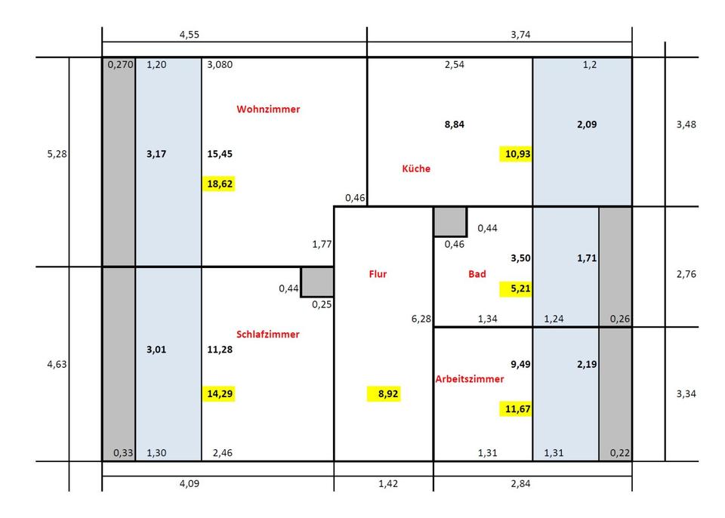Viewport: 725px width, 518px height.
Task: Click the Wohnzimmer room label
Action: pos(268,109)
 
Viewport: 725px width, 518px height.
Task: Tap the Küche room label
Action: pos(416,168)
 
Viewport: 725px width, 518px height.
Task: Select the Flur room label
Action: pos(378,274)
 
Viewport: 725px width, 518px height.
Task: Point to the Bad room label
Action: pos(477,274)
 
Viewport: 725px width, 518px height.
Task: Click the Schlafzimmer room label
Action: pos(268,334)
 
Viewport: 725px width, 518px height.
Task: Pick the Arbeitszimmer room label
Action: pos(469,379)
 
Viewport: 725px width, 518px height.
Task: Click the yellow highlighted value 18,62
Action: pos(219,183)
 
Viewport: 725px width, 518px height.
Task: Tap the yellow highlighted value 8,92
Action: pos(384,393)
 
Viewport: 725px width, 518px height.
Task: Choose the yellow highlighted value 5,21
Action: pos(516,288)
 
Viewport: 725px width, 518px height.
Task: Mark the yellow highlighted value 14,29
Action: pos(219,393)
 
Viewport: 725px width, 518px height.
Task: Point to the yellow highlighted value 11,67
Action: pos(516,409)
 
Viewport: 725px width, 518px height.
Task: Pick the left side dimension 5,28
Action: pos(57,153)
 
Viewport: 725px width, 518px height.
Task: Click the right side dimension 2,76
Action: pos(686,274)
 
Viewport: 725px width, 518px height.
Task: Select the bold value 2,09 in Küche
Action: pos(586,124)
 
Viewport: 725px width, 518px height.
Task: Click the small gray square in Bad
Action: pos(449,221)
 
